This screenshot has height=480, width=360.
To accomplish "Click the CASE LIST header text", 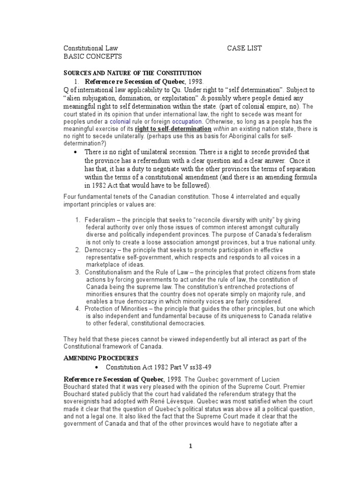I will tap(245, 48).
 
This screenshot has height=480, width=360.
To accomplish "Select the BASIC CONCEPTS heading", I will tap(92, 56).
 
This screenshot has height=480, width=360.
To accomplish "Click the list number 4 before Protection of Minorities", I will tap(78, 308).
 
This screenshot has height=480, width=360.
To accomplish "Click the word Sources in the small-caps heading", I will tap(78, 73).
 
